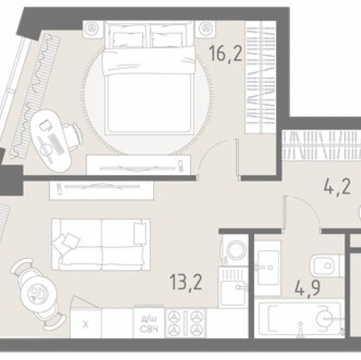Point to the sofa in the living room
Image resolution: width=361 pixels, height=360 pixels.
[100, 244]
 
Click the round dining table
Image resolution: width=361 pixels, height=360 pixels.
[33, 294]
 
